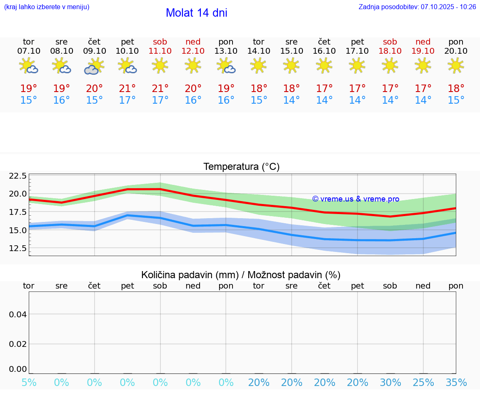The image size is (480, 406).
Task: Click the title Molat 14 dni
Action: pyautogui.click(x=196, y=13)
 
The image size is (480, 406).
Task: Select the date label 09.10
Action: pyautogui.click(x=95, y=51)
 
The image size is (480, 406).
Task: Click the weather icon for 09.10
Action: pyautogui.click(x=94, y=66)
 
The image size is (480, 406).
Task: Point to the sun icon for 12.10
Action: pyautogui.click(x=193, y=65)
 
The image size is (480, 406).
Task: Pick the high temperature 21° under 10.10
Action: pyautogui.click(x=127, y=88)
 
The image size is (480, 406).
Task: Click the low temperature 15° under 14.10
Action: pyautogui.click(x=259, y=100)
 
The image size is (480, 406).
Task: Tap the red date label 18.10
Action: pyautogui.click(x=390, y=51)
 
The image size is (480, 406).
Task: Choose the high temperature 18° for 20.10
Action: pyautogui.click(x=456, y=88)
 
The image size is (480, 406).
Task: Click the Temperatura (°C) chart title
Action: pyautogui.click(x=241, y=167)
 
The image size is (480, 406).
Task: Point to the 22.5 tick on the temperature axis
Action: pyautogui.click(x=17, y=176)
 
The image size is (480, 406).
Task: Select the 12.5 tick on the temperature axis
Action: pyautogui.click(x=17, y=248)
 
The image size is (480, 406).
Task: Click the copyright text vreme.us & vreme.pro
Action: pyautogui.click(x=355, y=199)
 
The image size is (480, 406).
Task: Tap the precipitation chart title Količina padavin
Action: pyautogui.click(x=241, y=275)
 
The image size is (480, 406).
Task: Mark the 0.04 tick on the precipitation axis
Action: pyautogui.click(x=18, y=314)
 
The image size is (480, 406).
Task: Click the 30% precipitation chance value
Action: pyautogui.click(x=390, y=383)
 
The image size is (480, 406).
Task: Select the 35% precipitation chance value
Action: pyautogui.click(x=456, y=383)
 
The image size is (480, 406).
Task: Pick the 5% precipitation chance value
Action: pyautogui.click(x=29, y=383)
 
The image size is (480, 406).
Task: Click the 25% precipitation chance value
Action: pyautogui.click(x=423, y=383)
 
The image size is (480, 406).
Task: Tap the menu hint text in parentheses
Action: pyautogui.click(x=47, y=7)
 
